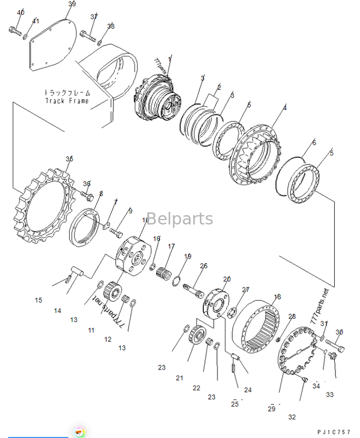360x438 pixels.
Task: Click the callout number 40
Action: [x=20, y=12]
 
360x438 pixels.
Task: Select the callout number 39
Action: [x=72, y=4]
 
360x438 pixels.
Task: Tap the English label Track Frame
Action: [x=67, y=101]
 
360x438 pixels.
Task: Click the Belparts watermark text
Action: [x=179, y=219]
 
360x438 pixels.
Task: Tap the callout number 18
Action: [x=277, y=297]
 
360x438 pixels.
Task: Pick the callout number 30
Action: [x=339, y=332]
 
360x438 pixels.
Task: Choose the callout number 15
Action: [x=38, y=300]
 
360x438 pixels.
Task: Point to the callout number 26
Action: [x=204, y=266]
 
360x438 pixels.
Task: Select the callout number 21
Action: [x=180, y=378]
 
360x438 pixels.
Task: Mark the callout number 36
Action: [x=87, y=183]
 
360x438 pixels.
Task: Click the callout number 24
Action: [x=248, y=390]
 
